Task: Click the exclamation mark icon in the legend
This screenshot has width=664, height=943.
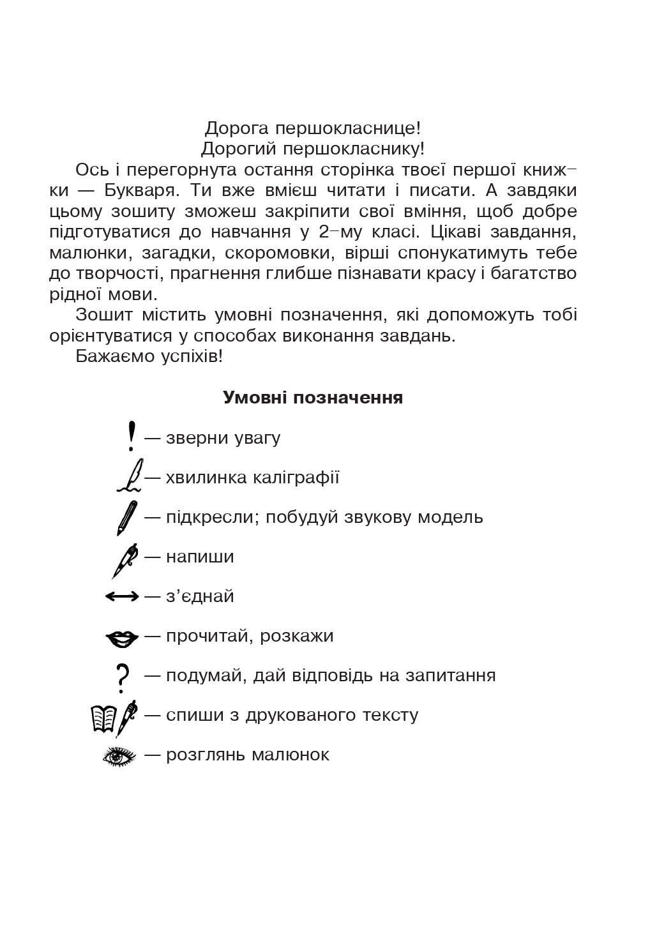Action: pyautogui.click(x=132, y=437)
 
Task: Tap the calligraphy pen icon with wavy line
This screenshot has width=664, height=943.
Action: pyautogui.click(x=130, y=476)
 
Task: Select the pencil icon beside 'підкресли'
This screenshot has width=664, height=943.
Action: pyautogui.click(x=127, y=517)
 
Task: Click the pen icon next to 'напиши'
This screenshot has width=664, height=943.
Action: pyautogui.click(x=125, y=559)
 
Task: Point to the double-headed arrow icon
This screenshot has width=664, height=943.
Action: pyautogui.click(x=122, y=596)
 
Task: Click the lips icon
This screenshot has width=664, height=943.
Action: pyautogui.click(x=121, y=637)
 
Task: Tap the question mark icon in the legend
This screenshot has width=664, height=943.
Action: pyautogui.click(x=122, y=677)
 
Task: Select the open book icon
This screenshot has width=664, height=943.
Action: pyautogui.click(x=103, y=718)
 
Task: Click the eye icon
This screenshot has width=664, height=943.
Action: pyautogui.click(x=119, y=756)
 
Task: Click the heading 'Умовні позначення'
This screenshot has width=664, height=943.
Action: pyautogui.click(x=313, y=398)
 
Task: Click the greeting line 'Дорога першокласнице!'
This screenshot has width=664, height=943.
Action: pyautogui.click(x=313, y=128)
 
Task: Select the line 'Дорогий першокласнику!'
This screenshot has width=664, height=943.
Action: pyautogui.click(x=313, y=149)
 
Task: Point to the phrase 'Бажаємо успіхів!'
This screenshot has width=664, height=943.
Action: pyautogui.click(x=149, y=356)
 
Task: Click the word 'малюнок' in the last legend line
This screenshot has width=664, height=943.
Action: pyautogui.click(x=290, y=755)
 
